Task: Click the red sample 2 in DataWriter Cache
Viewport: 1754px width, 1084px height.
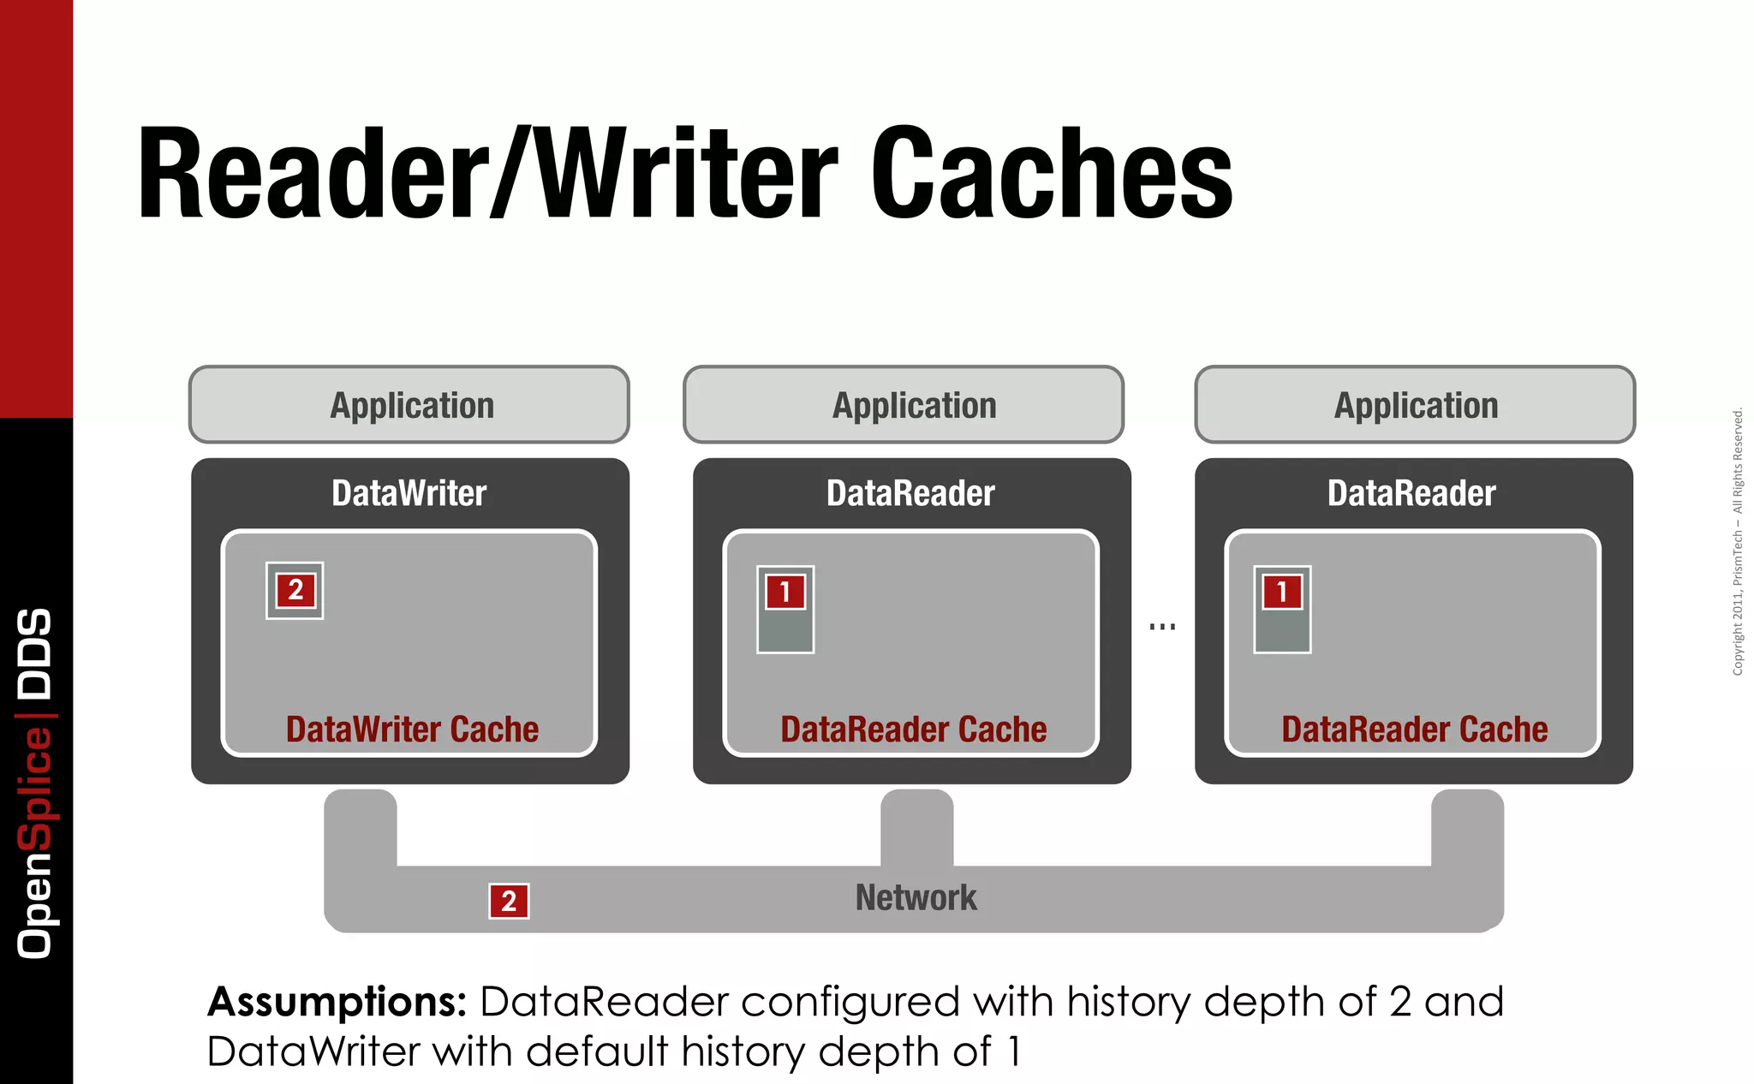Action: pos(295,590)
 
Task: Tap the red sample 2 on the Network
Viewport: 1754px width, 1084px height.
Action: pos(509,901)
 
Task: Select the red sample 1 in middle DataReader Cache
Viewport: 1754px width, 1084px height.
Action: pos(785,592)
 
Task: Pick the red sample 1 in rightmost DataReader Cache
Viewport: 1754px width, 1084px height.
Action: pos(1282,592)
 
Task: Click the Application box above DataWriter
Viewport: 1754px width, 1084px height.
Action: pos(409,405)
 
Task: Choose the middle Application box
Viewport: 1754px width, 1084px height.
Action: pos(904,405)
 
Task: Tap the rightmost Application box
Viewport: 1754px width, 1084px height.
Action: pos(1415,405)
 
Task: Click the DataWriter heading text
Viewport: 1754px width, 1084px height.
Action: pos(409,494)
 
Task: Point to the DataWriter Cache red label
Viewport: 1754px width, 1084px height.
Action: pos(412,730)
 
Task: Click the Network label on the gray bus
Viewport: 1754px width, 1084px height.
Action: pos(916,897)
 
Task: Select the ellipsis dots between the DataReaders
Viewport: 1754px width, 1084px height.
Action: pos(1162,627)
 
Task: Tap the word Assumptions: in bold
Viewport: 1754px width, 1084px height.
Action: pos(337,1001)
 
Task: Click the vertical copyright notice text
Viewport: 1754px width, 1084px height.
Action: pos(1738,542)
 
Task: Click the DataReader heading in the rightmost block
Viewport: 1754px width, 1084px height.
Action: pos(1411,494)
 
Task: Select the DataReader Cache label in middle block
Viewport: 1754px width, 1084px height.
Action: pos(913,730)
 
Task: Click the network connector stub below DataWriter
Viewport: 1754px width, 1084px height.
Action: pos(361,826)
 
